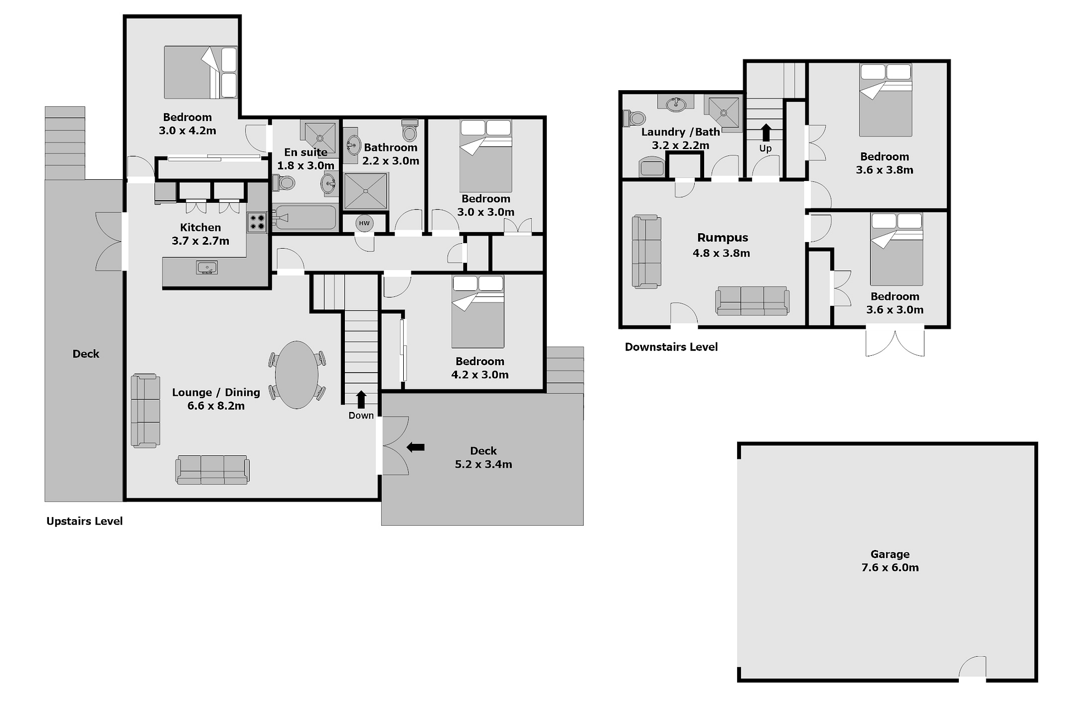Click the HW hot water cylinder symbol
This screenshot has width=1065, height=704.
[x=364, y=223]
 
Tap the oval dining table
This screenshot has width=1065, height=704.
[x=297, y=375]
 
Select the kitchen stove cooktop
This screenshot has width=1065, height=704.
[x=257, y=222]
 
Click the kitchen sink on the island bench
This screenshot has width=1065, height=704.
[x=207, y=268]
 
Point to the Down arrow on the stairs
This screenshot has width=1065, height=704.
[x=361, y=399]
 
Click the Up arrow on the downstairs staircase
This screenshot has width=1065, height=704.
[x=766, y=133]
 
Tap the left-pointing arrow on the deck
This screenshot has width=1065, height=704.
[x=415, y=447]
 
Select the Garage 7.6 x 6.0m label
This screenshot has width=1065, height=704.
[x=890, y=561]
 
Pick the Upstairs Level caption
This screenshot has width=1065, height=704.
[x=84, y=521]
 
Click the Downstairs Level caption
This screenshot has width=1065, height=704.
[x=671, y=347]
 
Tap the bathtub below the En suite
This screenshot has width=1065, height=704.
[x=304, y=218]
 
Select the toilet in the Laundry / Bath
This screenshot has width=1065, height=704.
[x=633, y=118]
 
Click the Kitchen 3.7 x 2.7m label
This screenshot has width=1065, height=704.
[x=200, y=234]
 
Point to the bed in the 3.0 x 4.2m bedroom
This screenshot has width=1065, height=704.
[x=201, y=73]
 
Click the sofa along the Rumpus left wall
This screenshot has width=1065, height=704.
[x=646, y=251]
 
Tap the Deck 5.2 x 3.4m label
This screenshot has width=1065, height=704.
[x=483, y=458]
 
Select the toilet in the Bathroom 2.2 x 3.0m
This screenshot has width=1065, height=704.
[x=409, y=130]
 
